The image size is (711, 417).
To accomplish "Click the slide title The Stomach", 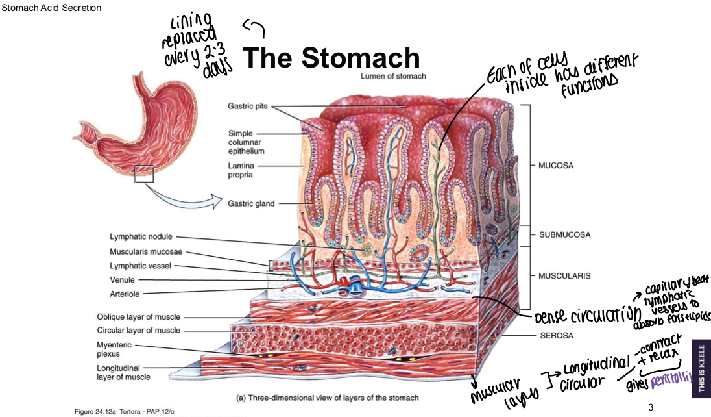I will (x=331, y=58).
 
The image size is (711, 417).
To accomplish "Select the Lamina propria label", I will (x=241, y=171).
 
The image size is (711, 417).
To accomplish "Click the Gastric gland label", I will (x=251, y=203).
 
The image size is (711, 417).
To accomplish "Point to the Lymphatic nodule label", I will (x=141, y=237).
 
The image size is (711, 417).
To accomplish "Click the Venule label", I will (x=123, y=280).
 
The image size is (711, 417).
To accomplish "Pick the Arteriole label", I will (x=126, y=294).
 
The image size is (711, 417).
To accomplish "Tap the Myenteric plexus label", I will (x=114, y=349).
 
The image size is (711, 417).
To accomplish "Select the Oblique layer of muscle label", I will (x=138, y=317).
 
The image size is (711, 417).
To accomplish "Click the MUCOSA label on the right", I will (x=556, y=166).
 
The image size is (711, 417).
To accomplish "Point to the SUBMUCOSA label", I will (x=564, y=234).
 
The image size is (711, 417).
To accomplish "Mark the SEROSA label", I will (x=557, y=336).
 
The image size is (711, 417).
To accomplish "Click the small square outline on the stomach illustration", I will (x=143, y=174).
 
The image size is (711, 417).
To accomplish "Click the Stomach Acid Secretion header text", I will (x=52, y=8).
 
